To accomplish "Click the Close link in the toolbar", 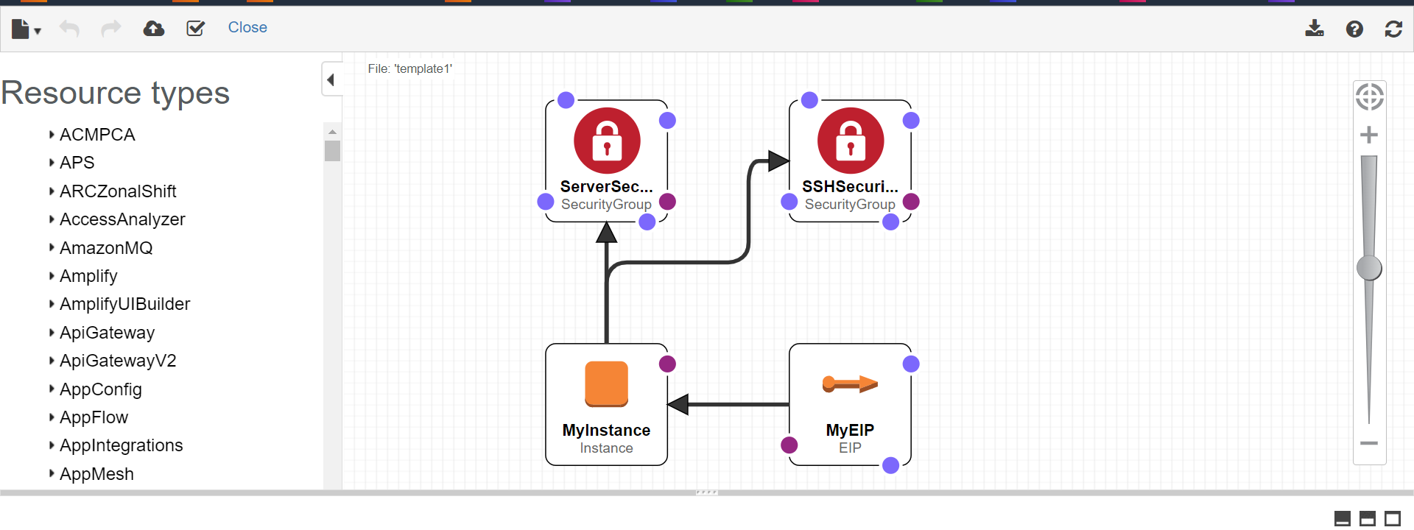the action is (x=247, y=27).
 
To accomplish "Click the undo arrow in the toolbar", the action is (x=69, y=29).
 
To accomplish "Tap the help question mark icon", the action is (x=1354, y=29).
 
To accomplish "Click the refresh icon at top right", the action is (x=1393, y=29).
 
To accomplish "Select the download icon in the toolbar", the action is (x=1315, y=29).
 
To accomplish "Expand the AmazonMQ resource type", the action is (x=106, y=248).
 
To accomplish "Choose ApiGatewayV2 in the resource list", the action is (x=118, y=361).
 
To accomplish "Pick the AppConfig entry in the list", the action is (x=101, y=389).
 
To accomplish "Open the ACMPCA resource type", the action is (x=97, y=135).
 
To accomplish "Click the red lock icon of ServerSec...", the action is (x=607, y=141).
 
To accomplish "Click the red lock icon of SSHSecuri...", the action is (x=851, y=141).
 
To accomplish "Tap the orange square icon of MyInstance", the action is (x=607, y=384).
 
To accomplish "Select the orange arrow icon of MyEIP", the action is (x=850, y=384).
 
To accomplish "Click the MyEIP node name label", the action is (x=850, y=430).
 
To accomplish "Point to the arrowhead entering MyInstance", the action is (x=678, y=404).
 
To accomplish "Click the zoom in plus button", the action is (x=1369, y=135).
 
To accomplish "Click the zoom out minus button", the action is (x=1369, y=443).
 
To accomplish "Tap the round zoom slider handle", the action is (x=1369, y=268).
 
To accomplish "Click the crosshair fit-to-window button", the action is (x=1370, y=96).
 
